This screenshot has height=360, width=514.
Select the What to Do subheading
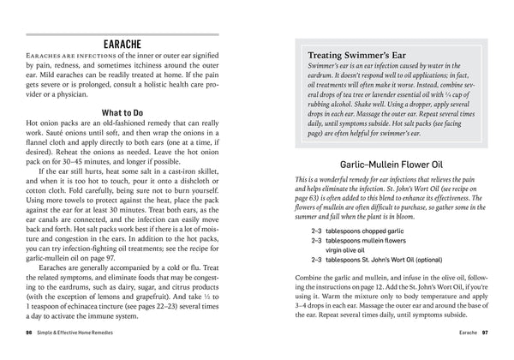point(128,111)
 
